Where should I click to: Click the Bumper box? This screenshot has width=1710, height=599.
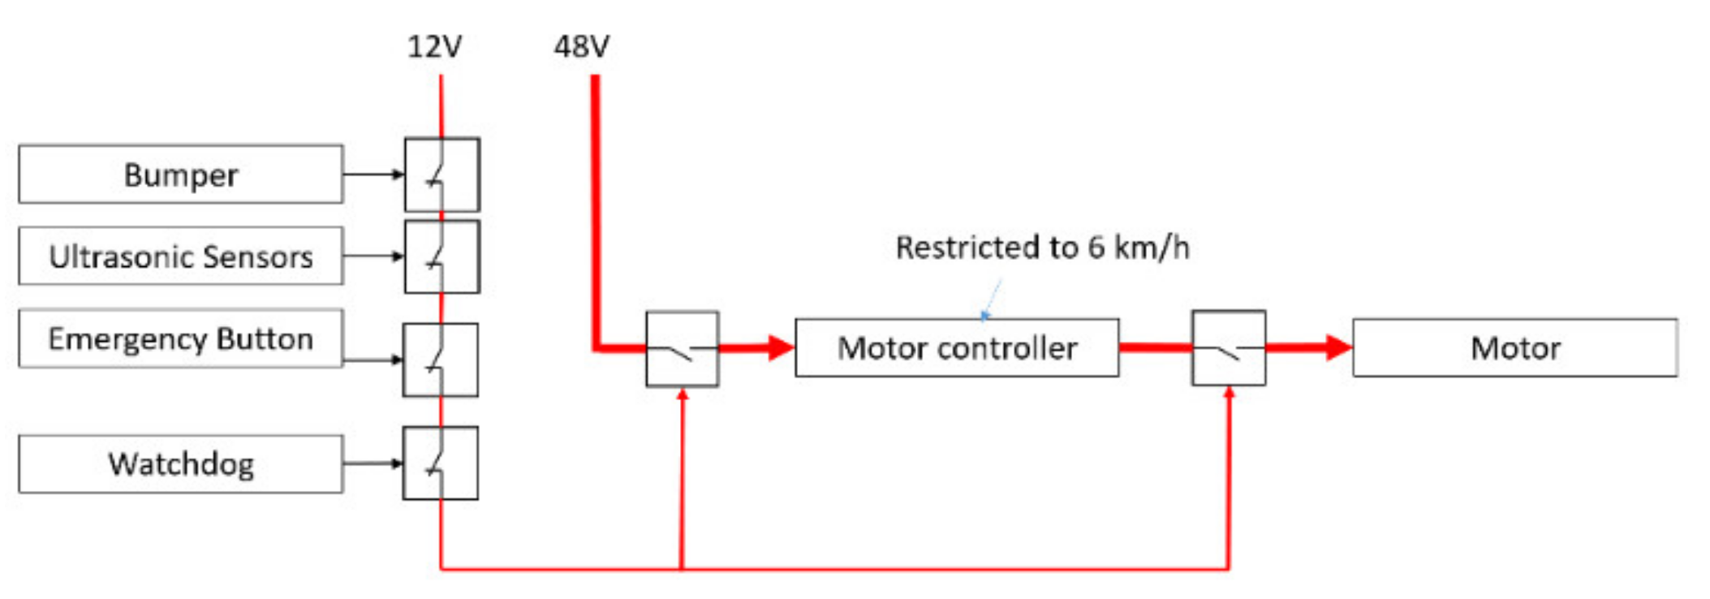[180, 175]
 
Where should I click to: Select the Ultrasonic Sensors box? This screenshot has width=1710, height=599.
[180, 256]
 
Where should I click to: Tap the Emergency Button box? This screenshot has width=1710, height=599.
[180, 338]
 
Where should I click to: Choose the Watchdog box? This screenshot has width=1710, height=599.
[180, 464]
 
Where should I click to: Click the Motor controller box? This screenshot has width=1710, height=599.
[957, 348]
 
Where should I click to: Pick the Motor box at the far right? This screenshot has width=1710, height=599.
[1514, 348]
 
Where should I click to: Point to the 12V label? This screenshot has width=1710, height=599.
[434, 47]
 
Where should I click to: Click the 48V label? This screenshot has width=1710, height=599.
[581, 47]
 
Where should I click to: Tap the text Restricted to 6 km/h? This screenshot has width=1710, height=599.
[1042, 248]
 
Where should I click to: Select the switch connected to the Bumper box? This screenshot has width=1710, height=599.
[442, 175]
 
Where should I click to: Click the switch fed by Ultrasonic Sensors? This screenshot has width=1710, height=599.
[442, 256]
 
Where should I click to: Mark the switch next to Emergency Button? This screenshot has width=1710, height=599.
[441, 360]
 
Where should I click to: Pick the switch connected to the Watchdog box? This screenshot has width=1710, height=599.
[441, 463]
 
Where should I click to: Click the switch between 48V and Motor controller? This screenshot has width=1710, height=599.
[683, 349]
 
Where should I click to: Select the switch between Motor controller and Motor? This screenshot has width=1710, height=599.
[1229, 348]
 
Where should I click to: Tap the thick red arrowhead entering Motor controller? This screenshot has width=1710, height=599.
[780, 348]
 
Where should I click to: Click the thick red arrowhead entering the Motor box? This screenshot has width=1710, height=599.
[1338, 348]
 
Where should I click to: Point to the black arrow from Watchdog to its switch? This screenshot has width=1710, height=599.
[373, 463]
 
